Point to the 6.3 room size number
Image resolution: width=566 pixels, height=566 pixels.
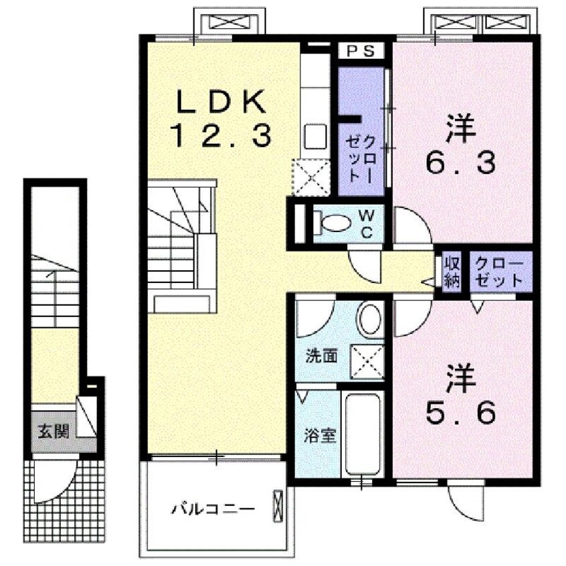pyautogui.click(x=461, y=161)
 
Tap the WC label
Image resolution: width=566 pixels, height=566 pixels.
pyautogui.click(x=367, y=224)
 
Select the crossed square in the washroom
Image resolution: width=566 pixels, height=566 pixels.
pyautogui.click(x=367, y=359)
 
